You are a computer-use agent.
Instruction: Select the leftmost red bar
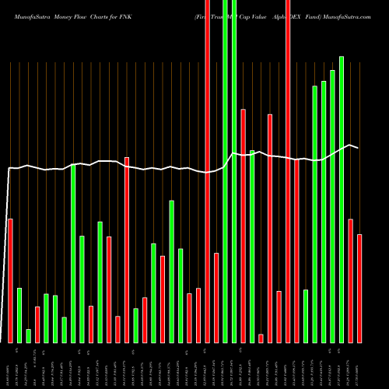tap(10, 280)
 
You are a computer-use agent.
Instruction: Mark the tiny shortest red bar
tap(261, 338)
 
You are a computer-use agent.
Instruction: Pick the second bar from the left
tap(19, 315)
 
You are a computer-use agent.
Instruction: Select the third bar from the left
tap(28, 335)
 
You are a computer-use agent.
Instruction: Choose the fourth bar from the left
tap(37, 324)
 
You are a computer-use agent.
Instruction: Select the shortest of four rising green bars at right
tap(314, 214)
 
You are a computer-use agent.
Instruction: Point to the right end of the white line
tap(359, 147)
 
